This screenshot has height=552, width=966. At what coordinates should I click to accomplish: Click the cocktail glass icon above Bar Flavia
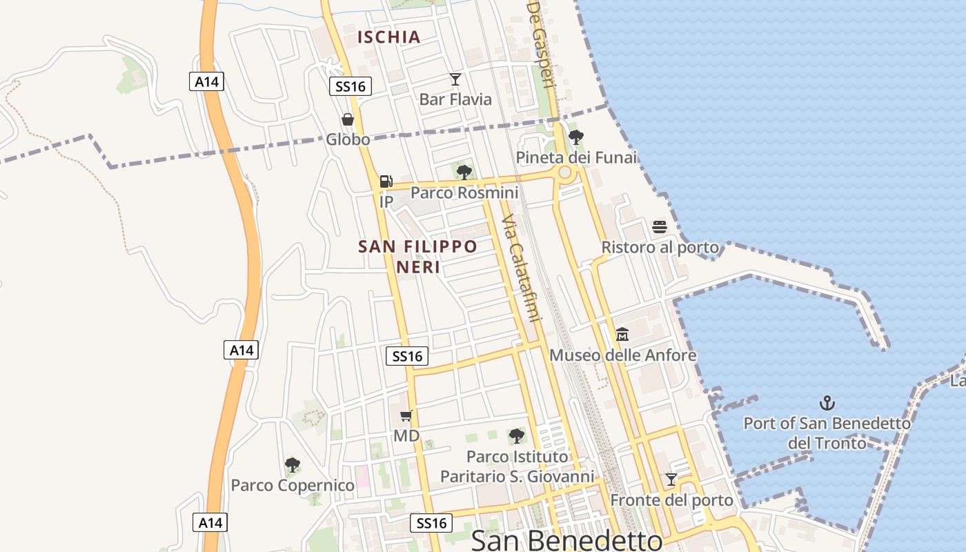[455, 79]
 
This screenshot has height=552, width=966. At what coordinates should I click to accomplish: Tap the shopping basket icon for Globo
[348, 119]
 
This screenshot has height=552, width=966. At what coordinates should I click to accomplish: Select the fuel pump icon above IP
[386, 181]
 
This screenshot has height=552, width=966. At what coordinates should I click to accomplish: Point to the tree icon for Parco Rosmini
[464, 172]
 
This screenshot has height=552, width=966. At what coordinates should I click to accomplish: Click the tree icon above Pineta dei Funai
[576, 137]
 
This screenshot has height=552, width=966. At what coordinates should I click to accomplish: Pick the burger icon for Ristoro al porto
[660, 227]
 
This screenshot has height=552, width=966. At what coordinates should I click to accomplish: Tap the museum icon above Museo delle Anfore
[622, 335]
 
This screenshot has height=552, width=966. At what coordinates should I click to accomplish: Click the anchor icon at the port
[827, 402]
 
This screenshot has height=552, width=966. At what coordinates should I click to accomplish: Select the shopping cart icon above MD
[406, 415]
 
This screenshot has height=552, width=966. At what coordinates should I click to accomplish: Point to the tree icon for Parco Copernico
[293, 464]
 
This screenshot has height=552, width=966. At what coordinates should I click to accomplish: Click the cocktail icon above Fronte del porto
[671, 479]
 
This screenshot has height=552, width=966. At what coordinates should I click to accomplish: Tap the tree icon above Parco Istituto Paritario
[516, 435]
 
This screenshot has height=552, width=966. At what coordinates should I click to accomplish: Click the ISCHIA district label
[389, 37]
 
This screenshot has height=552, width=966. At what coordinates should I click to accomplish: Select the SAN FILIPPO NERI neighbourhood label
[418, 256]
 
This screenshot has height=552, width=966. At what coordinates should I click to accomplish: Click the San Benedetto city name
[566, 540]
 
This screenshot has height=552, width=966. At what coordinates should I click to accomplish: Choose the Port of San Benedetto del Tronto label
[827, 433]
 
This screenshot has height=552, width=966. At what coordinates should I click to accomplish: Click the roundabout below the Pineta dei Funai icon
[566, 172]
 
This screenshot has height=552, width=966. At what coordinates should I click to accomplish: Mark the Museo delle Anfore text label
[622, 355]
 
